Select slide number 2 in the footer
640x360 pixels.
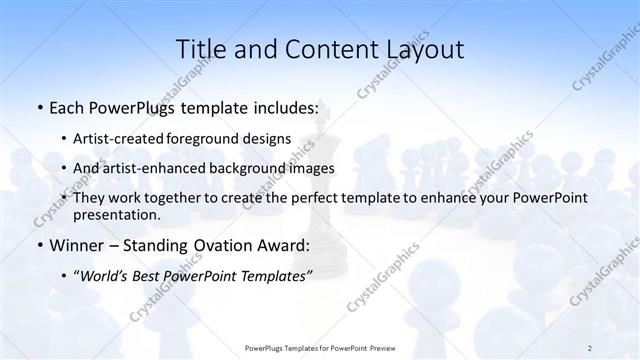coord(590,347)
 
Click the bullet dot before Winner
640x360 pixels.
coord(38,246)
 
